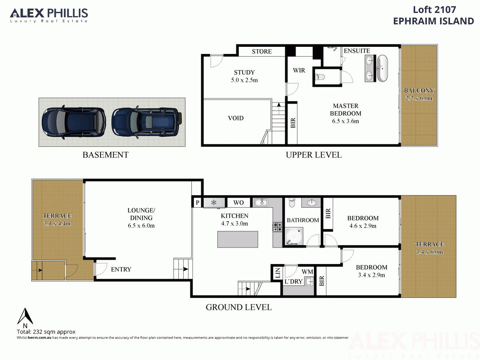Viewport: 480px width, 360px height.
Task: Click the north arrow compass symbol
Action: [25, 316]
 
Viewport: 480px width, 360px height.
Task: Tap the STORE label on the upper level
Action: [262, 52]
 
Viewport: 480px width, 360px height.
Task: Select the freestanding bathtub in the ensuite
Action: [382, 68]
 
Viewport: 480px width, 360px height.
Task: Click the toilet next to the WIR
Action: [320, 77]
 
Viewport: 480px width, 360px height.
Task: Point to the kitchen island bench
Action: [238, 239]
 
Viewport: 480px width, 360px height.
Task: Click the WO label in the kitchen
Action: [238, 203]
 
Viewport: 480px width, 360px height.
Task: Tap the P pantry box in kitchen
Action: [198, 203]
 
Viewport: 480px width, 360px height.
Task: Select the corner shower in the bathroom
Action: [294, 236]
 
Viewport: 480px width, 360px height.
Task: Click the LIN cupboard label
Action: [278, 273]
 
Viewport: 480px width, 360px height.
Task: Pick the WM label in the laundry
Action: [307, 272]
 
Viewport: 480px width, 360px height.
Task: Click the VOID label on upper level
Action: [236, 118]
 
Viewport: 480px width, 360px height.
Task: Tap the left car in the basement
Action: [74, 122]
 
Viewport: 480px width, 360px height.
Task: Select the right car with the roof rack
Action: [146, 122]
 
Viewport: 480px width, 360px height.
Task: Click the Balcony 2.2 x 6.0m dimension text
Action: [419, 98]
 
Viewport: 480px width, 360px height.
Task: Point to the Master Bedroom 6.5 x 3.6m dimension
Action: [346, 121]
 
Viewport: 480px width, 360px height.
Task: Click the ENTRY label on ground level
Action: [121, 270]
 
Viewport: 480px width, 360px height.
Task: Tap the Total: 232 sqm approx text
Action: [46, 332]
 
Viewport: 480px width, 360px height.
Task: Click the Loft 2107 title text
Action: [434, 10]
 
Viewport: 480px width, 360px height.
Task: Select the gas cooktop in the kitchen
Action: [277, 227]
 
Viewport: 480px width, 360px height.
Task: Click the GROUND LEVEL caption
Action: [239, 307]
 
